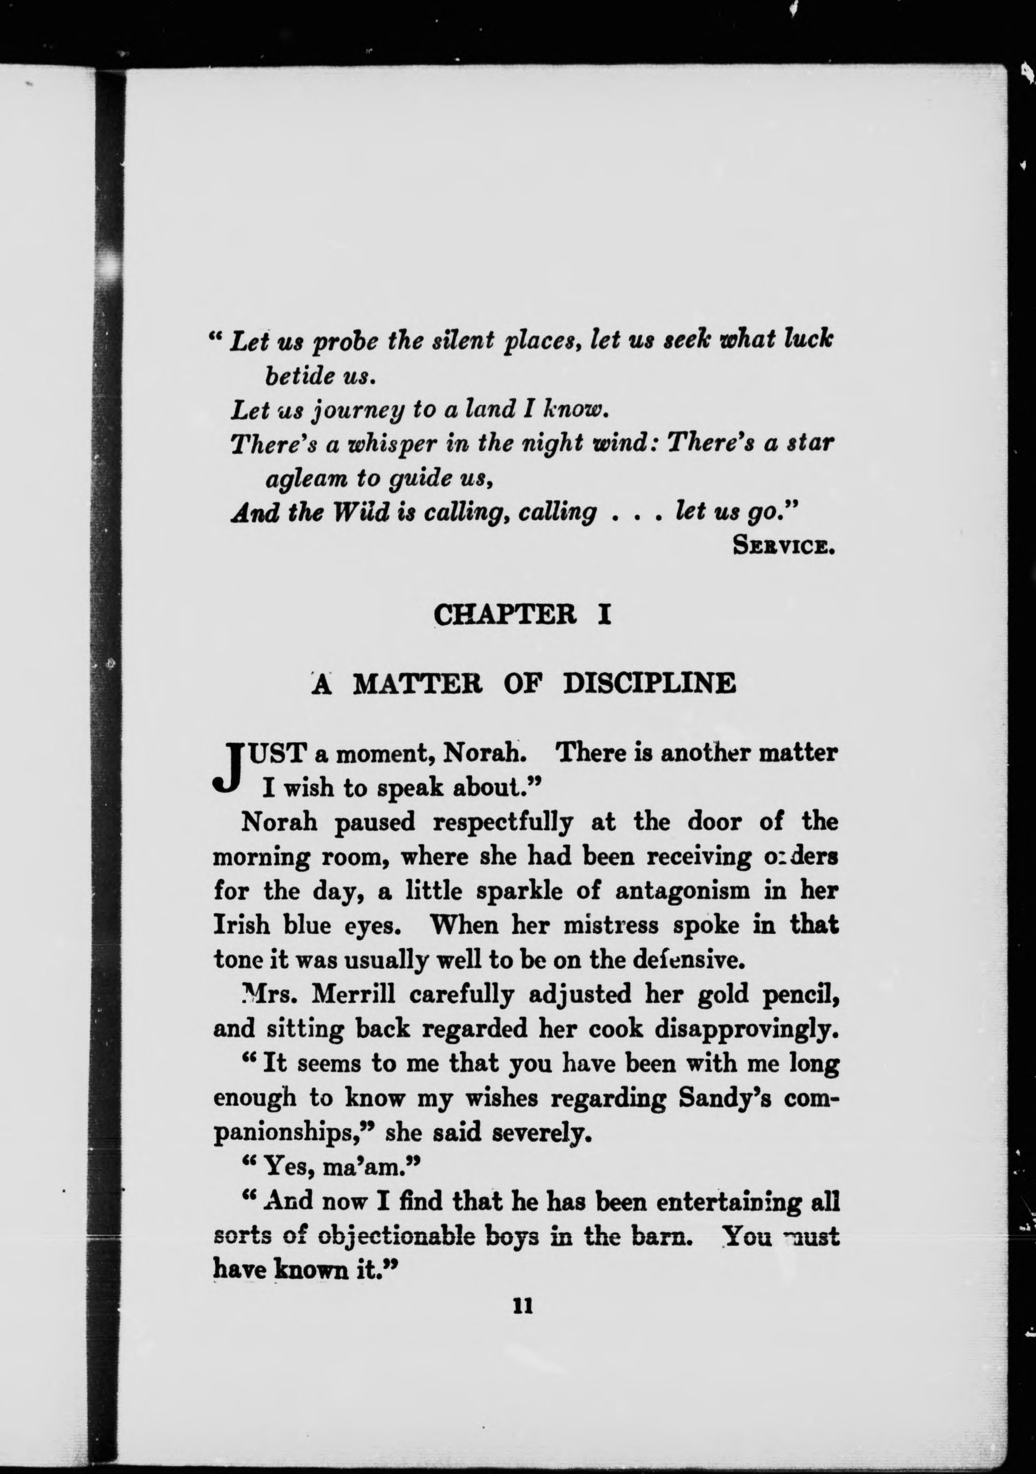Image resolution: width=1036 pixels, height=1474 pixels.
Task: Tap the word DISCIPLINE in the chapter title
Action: click(x=649, y=684)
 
